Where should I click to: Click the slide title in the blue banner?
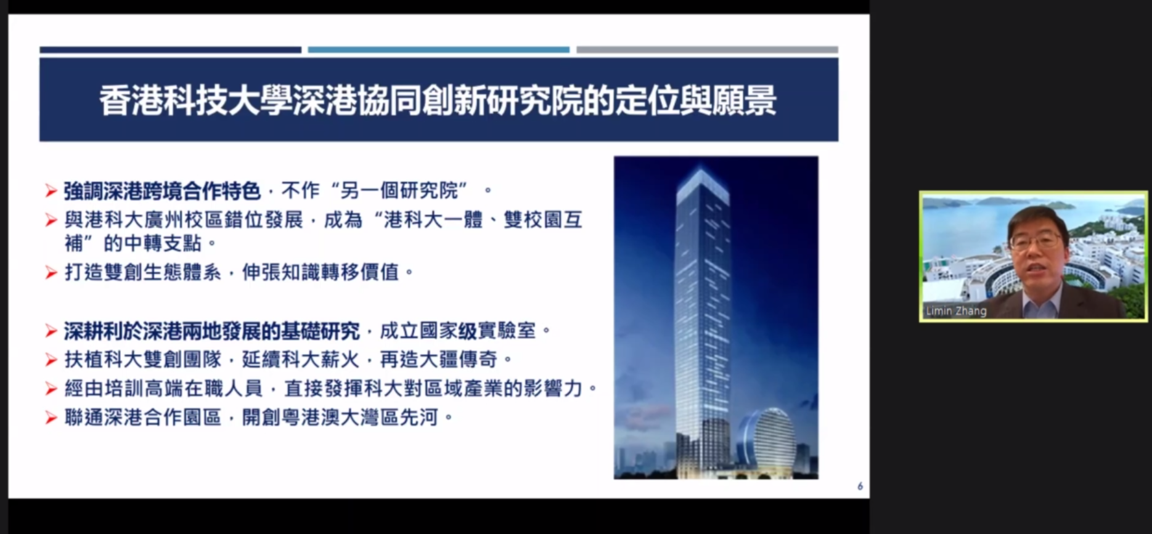point(438,100)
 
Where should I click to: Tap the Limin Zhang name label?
point(956,311)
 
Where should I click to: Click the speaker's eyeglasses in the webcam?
point(1036,241)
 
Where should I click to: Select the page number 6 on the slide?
point(860,487)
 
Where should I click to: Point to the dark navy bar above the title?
point(171,50)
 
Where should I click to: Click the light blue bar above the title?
point(439,50)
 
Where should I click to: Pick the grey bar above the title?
point(707,50)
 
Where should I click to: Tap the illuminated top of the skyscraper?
point(702,179)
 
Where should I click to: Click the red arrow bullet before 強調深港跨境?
point(51,192)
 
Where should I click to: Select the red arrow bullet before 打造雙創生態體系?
point(51,272)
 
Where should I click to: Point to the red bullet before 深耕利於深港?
point(51,331)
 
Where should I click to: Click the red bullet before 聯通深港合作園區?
point(51,418)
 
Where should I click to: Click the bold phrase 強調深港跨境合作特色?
point(162,191)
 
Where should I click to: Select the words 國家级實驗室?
point(478,331)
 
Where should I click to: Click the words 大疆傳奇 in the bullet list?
point(458,359)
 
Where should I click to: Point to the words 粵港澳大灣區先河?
point(359,417)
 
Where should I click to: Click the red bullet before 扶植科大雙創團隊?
point(51,360)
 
